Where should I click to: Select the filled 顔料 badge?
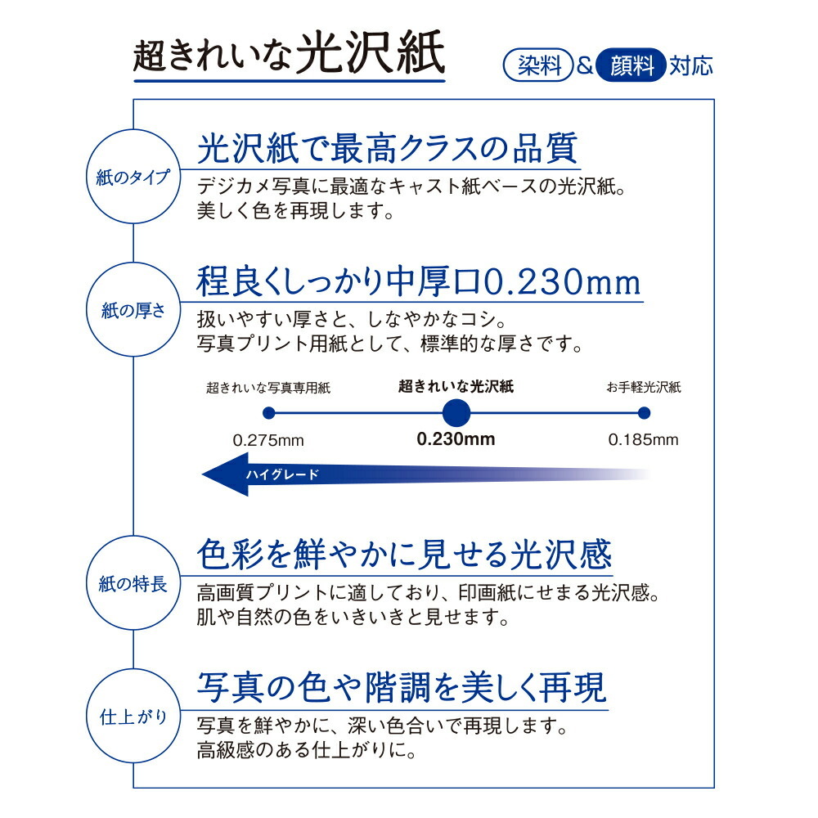[630, 65]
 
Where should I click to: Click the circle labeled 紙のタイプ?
[133, 177]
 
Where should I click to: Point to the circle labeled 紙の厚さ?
[133, 310]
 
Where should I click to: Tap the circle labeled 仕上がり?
[133, 717]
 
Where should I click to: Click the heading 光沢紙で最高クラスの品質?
[388, 149]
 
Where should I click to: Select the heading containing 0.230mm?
[418, 282]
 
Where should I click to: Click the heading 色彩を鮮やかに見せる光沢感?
[404, 555]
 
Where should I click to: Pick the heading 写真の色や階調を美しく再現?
[402, 688]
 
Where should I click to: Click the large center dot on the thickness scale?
[456, 412]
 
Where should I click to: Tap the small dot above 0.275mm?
[268, 412]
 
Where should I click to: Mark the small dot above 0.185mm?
[644, 412]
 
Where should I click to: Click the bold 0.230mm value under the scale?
[456, 438]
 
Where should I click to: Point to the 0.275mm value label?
[268, 440]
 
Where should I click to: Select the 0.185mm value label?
[643, 440]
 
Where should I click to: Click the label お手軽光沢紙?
[644, 387]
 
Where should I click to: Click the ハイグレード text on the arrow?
[282, 474]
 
